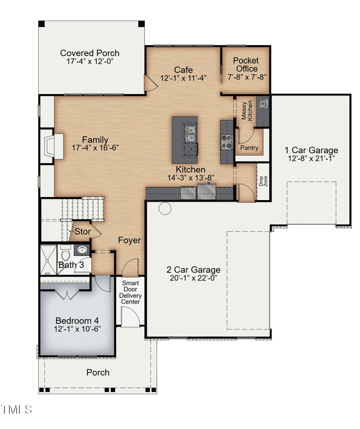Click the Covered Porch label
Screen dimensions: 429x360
coord(90,53)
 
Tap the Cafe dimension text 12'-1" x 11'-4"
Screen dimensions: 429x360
coord(184,78)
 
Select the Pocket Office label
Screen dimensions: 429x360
coord(246,65)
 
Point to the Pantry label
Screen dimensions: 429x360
coord(249,147)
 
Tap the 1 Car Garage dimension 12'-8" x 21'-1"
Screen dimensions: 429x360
coord(311,159)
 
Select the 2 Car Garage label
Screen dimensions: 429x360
coord(193,270)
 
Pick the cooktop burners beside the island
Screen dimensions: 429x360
coord(226,142)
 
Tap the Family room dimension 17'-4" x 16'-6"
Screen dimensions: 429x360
coord(95,148)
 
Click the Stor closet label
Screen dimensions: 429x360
coord(82,232)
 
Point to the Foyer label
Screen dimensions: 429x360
coord(130,241)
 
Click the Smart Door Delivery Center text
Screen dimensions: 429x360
coord(131,292)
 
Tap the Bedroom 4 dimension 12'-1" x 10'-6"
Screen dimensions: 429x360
coord(77,329)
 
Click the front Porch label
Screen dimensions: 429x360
coord(98,372)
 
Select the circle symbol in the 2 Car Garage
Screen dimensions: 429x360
coord(165,208)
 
